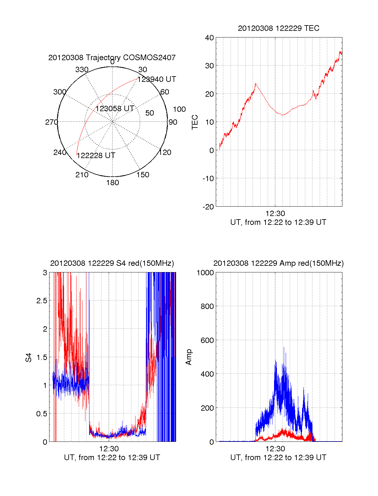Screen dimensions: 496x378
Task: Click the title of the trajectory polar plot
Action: point(112,58)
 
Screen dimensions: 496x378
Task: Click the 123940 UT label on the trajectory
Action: point(157,79)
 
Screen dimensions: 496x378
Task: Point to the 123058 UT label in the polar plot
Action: point(115,109)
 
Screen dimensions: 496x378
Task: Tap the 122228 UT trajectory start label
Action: point(96,156)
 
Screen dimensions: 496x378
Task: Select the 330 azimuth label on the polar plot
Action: point(82,70)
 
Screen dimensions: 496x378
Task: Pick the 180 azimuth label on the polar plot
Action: point(112,183)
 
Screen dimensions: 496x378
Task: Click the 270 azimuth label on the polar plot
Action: point(51,122)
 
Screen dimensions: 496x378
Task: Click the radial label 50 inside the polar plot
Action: point(150,113)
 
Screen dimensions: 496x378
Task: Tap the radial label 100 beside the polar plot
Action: point(179,109)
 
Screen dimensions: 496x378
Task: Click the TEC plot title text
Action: point(278,28)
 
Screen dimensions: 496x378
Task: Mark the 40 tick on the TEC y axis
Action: point(209,38)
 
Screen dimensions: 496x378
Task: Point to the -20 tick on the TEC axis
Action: point(208,207)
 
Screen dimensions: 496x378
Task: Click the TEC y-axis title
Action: point(195,122)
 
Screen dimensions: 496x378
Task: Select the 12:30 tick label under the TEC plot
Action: point(275,214)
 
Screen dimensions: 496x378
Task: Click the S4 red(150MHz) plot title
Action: point(112,263)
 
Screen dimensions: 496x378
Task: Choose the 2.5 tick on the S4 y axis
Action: point(42,301)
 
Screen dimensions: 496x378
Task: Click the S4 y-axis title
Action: point(29,357)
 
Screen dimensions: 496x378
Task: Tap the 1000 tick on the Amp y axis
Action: point(205,273)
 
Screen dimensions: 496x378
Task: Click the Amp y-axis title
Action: point(189,357)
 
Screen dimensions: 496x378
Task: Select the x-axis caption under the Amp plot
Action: point(278,458)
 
